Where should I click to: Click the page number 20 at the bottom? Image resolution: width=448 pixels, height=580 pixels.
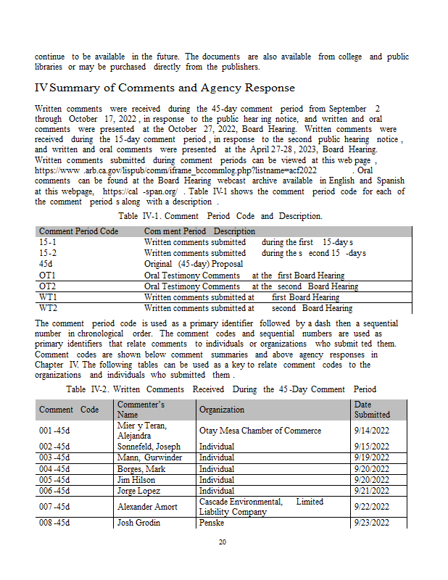click(x=223, y=542)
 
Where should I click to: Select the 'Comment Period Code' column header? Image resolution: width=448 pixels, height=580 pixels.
click(x=78, y=231)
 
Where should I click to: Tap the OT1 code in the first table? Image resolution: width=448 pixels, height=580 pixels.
click(x=48, y=275)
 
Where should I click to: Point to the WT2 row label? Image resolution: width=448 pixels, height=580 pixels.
click(x=49, y=308)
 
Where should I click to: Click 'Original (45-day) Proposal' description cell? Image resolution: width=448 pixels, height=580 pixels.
click(x=194, y=264)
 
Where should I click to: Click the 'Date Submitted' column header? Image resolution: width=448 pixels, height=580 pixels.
click(x=372, y=410)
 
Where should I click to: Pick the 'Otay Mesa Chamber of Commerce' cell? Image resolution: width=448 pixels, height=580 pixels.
click(x=260, y=431)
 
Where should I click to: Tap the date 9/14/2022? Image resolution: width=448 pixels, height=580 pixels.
click(x=372, y=431)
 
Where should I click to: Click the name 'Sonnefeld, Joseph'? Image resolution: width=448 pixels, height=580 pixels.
click(x=149, y=447)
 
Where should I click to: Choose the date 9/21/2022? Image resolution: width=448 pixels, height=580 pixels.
click(x=372, y=491)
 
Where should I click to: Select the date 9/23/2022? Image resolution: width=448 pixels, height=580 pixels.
click(x=372, y=523)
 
